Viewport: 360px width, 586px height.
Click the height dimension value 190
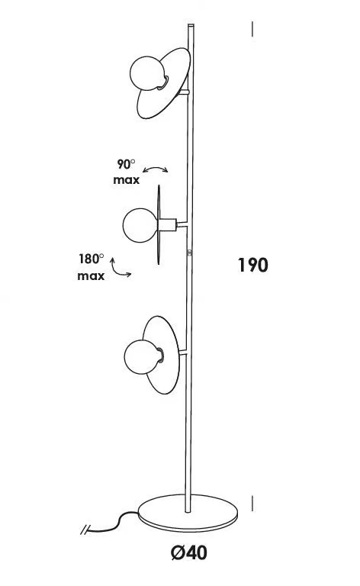252,265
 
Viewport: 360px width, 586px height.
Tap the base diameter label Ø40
188,552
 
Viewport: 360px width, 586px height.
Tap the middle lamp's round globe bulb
140,225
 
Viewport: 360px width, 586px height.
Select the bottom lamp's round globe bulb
142,356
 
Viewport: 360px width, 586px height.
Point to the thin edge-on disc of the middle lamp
159,224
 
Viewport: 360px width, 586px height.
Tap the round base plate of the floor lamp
188,513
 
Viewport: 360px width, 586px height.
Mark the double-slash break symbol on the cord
85,530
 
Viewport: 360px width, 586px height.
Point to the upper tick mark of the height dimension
252,29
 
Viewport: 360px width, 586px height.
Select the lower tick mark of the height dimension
252,504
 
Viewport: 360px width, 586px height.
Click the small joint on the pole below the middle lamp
190,253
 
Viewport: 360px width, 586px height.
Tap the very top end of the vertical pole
191,24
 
